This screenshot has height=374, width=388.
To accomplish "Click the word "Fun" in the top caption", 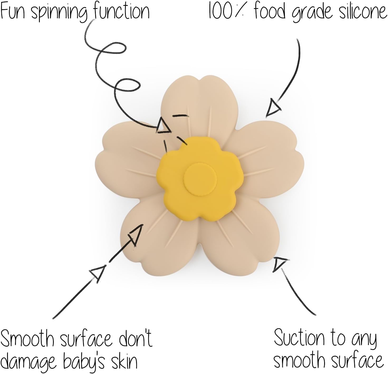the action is [13, 11].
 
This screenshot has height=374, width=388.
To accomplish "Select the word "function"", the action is [122, 11].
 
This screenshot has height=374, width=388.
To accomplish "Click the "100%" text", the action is [228, 11].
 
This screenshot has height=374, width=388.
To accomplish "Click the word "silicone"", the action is [361, 11].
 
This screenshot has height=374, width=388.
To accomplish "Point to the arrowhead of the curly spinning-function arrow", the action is [164, 126].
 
